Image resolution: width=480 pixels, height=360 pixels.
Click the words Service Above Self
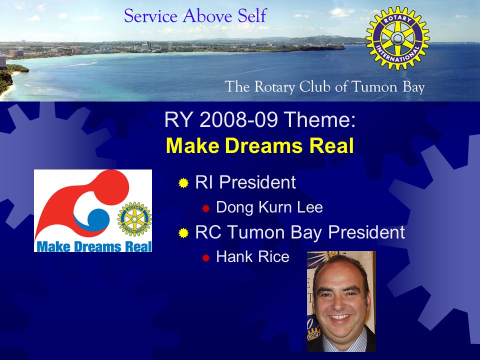pyautogui.click(x=195, y=16)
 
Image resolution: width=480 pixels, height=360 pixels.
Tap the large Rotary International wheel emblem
pyautogui.click(x=397, y=38)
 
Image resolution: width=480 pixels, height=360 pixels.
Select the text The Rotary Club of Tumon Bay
pyautogui.click(x=324, y=87)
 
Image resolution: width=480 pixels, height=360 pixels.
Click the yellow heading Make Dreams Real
pyautogui.click(x=259, y=145)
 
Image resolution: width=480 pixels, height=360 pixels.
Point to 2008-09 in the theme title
pyautogui.click(x=238, y=119)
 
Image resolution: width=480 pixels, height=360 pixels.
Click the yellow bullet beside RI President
pyautogui.click(x=183, y=183)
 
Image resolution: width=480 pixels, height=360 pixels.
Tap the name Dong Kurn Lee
pyautogui.click(x=269, y=207)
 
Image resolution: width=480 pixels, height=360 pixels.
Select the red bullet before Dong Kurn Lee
pyautogui.click(x=205, y=208)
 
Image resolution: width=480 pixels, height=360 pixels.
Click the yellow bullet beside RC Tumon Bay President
pyautogui.click(x=183, y=233)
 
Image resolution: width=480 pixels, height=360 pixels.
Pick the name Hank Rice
pyautogui.click(x=252, y=256)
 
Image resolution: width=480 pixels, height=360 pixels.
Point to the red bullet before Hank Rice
pyautogui.click(x=205, y=258)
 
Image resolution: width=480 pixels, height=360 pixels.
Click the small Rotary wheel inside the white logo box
pyautogui.click(x=134, y=219)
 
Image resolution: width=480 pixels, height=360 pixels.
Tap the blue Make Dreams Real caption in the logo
pyautogui.click(x=94, y=246)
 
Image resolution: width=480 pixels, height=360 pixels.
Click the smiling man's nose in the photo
pyautogui.click(x=338, y=303)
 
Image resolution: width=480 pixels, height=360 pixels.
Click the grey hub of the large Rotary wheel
pyautogui.click(x=397, y=38)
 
